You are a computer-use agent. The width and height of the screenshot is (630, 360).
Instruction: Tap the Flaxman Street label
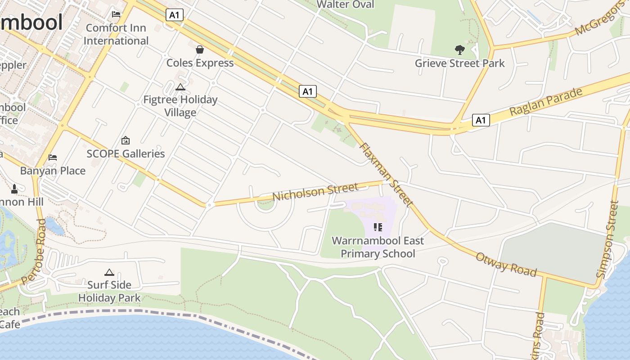pos(386,174)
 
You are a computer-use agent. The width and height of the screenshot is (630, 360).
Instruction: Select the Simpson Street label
pos(608,238)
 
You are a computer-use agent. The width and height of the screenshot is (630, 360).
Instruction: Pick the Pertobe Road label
pos(34,251)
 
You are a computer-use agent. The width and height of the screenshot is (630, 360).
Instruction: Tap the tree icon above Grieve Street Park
pos(459,49)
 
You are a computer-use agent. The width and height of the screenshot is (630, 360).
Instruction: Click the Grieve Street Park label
pos(459,63)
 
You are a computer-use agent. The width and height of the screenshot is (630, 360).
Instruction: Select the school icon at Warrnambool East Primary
pos(378,227)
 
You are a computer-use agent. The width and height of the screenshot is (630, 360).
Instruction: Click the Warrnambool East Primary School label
pos(378,247)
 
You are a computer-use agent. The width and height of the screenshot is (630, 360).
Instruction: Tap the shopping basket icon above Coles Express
pos(200,49)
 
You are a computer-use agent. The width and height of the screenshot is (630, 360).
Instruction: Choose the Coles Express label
pos(200,63)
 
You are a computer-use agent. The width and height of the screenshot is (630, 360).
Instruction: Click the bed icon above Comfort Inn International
pos(116,14)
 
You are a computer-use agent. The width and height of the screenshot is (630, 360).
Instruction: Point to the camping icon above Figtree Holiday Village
pos(180,86)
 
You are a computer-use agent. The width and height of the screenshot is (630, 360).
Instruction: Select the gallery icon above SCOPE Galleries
pos(126,140)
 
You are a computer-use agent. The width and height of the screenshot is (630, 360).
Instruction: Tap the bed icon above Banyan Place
pos(53,157)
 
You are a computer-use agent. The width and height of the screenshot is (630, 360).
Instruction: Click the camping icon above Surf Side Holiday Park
pos(109,272)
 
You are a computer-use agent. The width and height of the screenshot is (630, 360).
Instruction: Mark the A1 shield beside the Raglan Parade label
pos(481,120)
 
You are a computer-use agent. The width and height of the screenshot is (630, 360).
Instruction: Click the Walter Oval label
pos(345,4)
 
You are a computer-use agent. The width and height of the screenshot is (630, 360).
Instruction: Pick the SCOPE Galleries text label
pos(126,154)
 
